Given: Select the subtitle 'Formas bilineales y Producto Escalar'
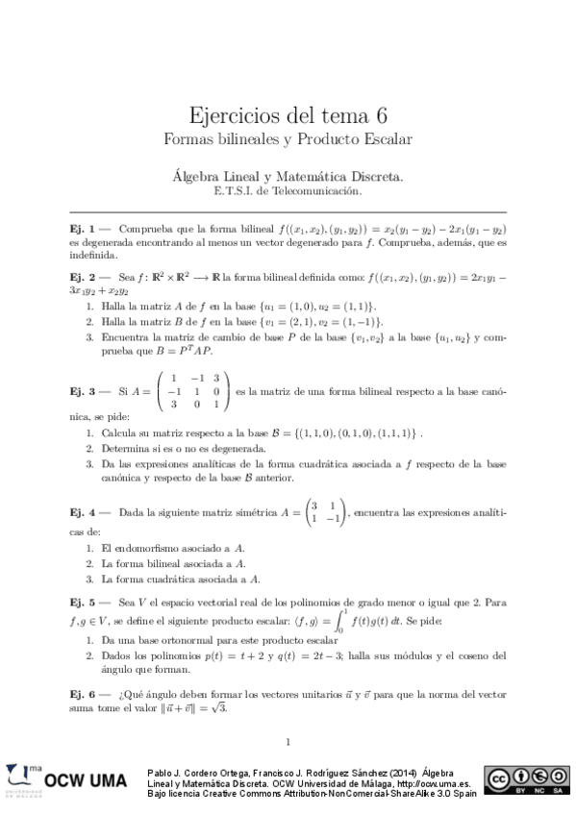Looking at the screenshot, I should pyautogui.click(x=288, y=139).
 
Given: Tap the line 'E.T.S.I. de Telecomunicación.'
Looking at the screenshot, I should pyautogui.click(x=288, y=190).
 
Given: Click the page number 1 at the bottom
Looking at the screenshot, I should pyautogui.click(x=288, y=740).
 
